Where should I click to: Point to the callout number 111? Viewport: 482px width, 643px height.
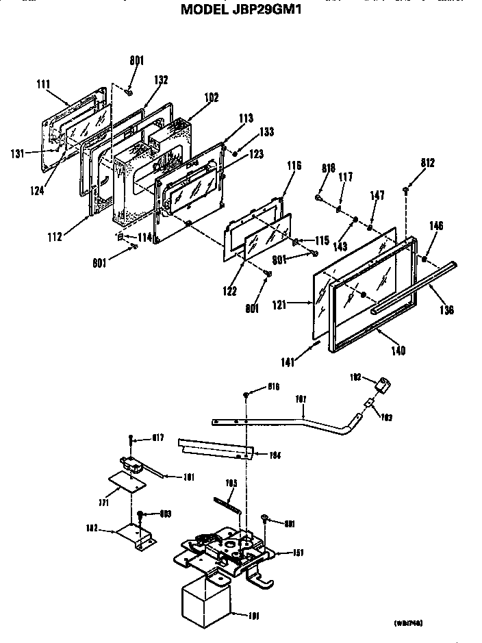tap(43, 84)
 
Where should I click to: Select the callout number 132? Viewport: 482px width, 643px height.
tap(161, 80)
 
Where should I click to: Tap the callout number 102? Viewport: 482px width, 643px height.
tap(211, 98)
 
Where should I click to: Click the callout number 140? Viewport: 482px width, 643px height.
tap(398, 351)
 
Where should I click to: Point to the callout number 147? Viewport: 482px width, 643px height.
tap(377, 195)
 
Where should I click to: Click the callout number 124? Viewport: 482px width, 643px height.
tap(38, 190)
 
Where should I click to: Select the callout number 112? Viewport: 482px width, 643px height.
tap(55, 237)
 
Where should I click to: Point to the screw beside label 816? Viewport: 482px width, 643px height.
tap(246, 395)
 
